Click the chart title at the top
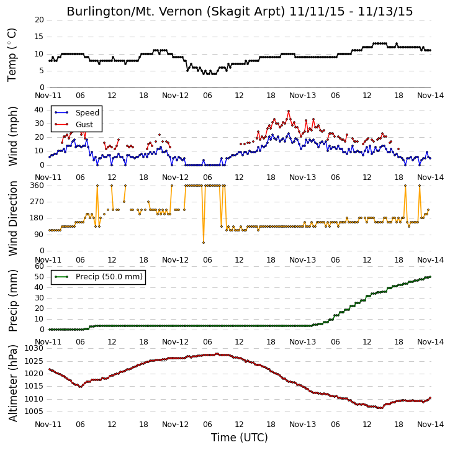pos(240,12)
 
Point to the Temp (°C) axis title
pos(12,55)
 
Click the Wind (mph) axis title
pos(12,136)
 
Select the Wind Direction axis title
pos(12,218)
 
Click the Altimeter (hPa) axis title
pos(12,384)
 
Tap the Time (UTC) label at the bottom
pos(240,438)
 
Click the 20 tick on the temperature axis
pos(39,20)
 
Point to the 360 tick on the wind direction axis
pos(37,186)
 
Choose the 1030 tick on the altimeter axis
pos(35,348)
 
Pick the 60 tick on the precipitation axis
pos(39,266)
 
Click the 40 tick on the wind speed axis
pos(39,110)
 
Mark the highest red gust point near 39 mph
pos(289,111)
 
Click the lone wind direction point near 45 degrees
pos(204,243)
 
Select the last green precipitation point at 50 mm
pos(430,277)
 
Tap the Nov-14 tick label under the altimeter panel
pos(430,424)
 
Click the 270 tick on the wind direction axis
pos(37,202)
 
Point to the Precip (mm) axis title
pos(12,301)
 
